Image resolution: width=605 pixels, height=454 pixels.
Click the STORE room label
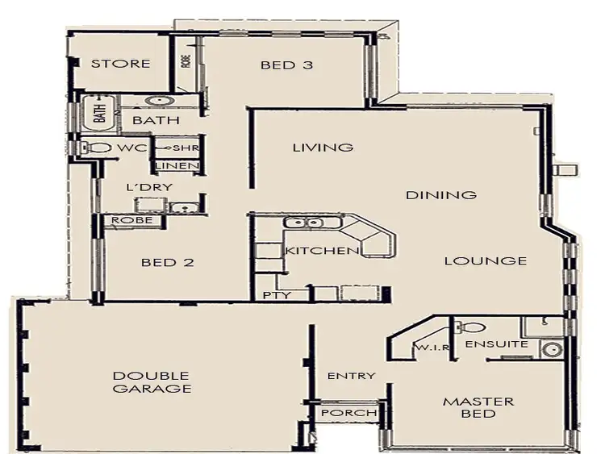(120, 64)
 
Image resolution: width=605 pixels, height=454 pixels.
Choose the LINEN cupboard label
(177, 167)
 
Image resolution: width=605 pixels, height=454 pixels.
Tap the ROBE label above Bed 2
(127, 219)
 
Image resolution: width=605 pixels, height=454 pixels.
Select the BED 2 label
(168, 262)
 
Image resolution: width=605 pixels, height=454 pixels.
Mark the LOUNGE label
(485, 260)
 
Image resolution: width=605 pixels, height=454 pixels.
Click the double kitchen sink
(304, 223)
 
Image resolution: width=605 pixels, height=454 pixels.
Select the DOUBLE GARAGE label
(152, 382)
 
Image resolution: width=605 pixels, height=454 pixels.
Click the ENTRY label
(351, 376)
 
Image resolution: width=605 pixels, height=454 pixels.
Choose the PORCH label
(348, 413)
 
